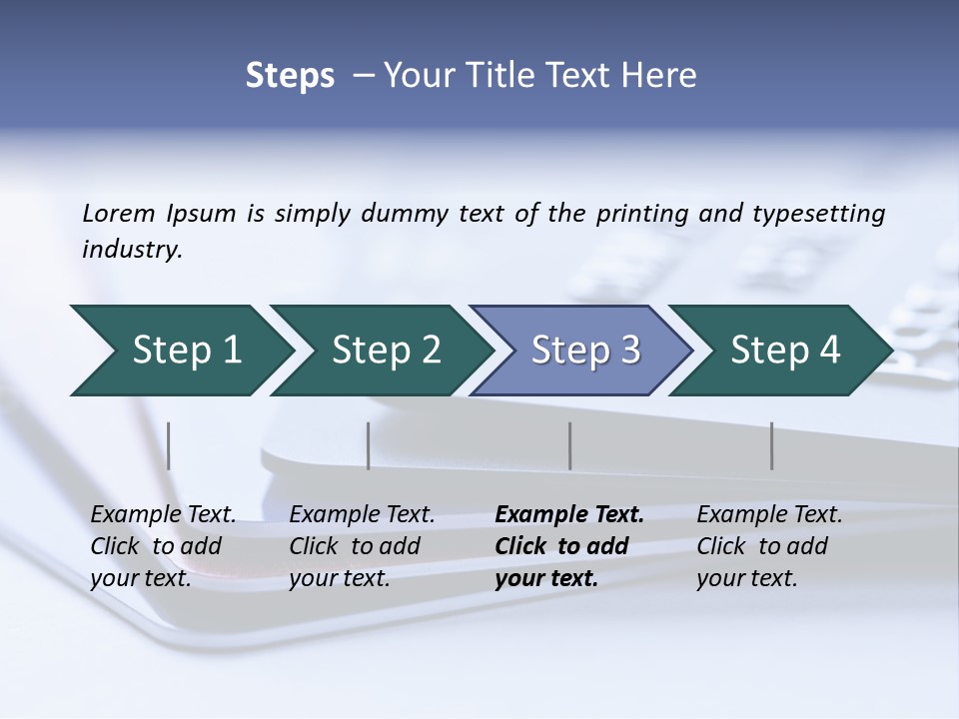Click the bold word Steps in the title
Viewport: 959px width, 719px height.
pos(290,76)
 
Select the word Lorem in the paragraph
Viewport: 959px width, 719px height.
pos(119,214)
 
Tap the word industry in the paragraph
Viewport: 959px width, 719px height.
pos(132,250)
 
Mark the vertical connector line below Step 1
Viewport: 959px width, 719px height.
pos(169,445)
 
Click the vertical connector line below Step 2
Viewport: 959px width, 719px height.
pos(369,445)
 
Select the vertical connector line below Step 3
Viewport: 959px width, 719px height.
pos(570,445)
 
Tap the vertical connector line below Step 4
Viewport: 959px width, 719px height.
pos(772,445)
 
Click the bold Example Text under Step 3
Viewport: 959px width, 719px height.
pos(569,515)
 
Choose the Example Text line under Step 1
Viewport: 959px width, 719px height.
pos(163,515)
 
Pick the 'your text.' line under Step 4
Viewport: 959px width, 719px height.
pos(746,578)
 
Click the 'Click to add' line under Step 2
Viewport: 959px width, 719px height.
pos(355,547)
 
